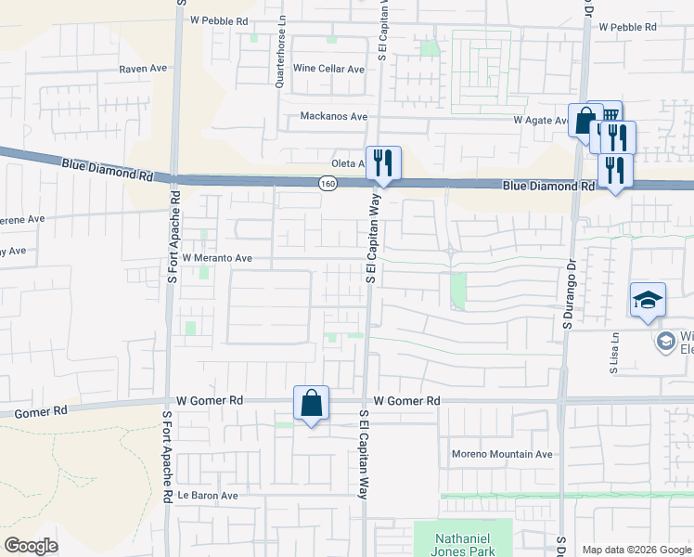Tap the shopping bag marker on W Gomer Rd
coord(312,404)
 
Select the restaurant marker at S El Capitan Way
coord(382,164)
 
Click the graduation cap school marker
coord(648,300)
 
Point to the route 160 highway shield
coord(328,184)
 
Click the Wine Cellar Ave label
coord(328,69)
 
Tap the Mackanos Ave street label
coord(334,117)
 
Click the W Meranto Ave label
coord(217,258)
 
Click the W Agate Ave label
coord(541,121)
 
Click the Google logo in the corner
coord(31,546)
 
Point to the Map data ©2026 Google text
coord(636,550)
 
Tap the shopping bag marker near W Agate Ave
coord(585,121)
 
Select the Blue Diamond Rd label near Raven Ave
coord(108,169)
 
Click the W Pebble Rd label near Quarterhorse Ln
coord(218,19)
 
